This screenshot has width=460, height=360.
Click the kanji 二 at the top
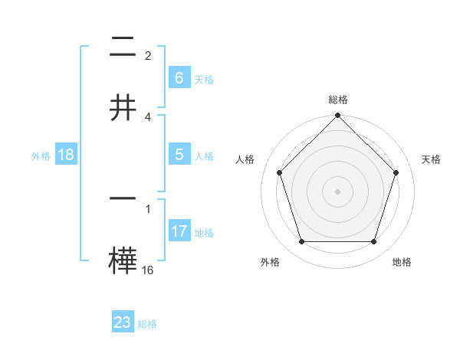(123, 47)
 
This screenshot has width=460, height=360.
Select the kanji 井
(123, 106)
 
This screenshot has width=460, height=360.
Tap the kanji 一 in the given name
(123, 198)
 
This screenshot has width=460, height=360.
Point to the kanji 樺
(123, 260)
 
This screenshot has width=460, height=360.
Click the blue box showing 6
(179, 77)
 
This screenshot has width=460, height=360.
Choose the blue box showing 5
(179, 155)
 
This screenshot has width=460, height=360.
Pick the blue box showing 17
(179, 231)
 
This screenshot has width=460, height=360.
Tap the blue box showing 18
(66, 155)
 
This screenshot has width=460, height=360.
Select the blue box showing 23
(123, 322)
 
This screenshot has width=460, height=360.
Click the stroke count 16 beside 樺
(148, 270)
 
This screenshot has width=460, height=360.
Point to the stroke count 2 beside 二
(148, 55)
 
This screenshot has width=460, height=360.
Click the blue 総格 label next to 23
(147, 324)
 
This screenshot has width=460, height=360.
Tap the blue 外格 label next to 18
(41, 156)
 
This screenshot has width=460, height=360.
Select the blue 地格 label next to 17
(204, 233)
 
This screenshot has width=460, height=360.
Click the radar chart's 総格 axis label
(337, 100)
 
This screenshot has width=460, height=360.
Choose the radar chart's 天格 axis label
(431, 159)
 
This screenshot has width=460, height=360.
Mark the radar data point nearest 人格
(279, 172)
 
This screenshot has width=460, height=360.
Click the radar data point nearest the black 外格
(301, 242)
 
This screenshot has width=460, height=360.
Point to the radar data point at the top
(337, 116)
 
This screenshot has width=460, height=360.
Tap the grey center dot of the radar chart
(337, 191)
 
